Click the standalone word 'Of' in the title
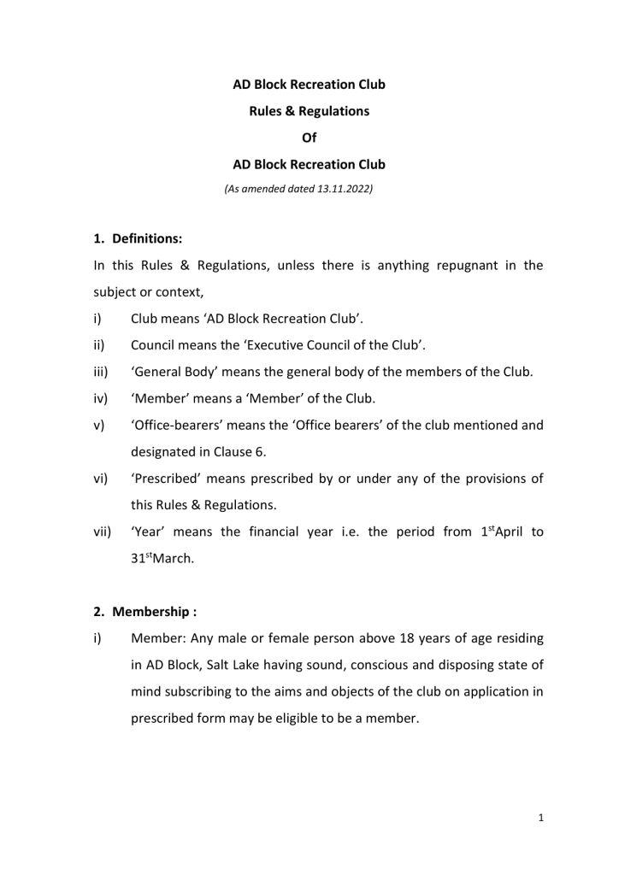[309, 138]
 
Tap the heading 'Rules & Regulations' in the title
[309, 111]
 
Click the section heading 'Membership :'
[149, 612]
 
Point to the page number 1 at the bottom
[540, 818]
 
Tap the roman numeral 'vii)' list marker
[103, 531]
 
